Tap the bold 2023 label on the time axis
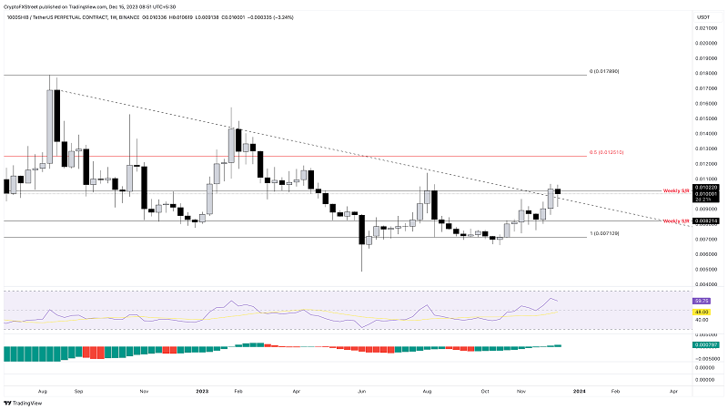click(202, 390)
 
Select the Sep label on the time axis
click(79, 390)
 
